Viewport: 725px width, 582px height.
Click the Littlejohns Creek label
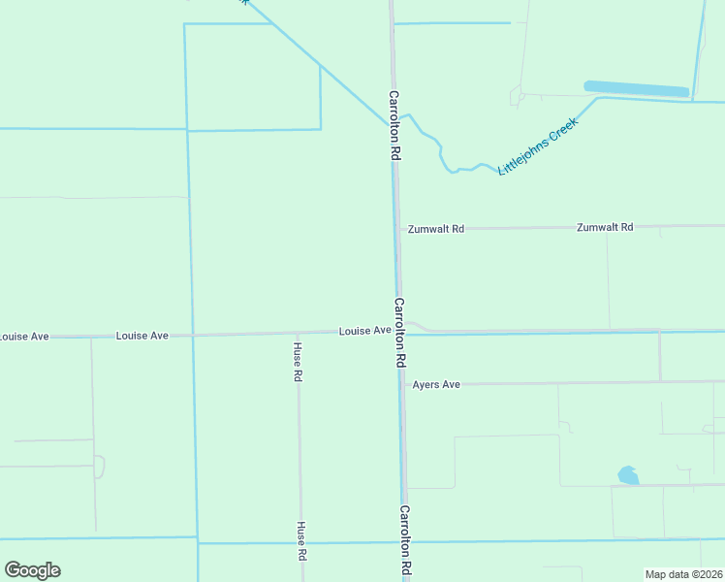coord(538,145)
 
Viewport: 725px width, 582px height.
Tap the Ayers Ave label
coord(436,385)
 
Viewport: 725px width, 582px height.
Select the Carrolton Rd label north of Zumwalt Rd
coord(394,125)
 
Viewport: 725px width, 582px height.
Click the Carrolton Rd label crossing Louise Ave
coord(399,331)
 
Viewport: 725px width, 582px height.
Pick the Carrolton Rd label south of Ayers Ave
coord(405,541)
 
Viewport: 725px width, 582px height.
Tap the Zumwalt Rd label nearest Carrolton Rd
coord(436,229)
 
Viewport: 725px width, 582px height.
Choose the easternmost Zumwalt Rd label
coord(605,227)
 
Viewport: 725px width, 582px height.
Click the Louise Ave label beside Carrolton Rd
coord(364,331)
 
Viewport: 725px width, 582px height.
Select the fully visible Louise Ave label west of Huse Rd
coord(142,336)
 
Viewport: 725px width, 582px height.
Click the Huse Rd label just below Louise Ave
coord(298,361)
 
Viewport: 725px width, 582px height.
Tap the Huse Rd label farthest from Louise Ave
coord(301,541)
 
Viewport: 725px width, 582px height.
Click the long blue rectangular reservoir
coord(637,88)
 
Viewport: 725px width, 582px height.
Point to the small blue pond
coord(628,475)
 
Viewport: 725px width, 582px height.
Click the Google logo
coord(32,570)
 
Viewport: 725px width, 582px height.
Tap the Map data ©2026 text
coord(683,573)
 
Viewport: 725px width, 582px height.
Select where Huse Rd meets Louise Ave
coord(298,333)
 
